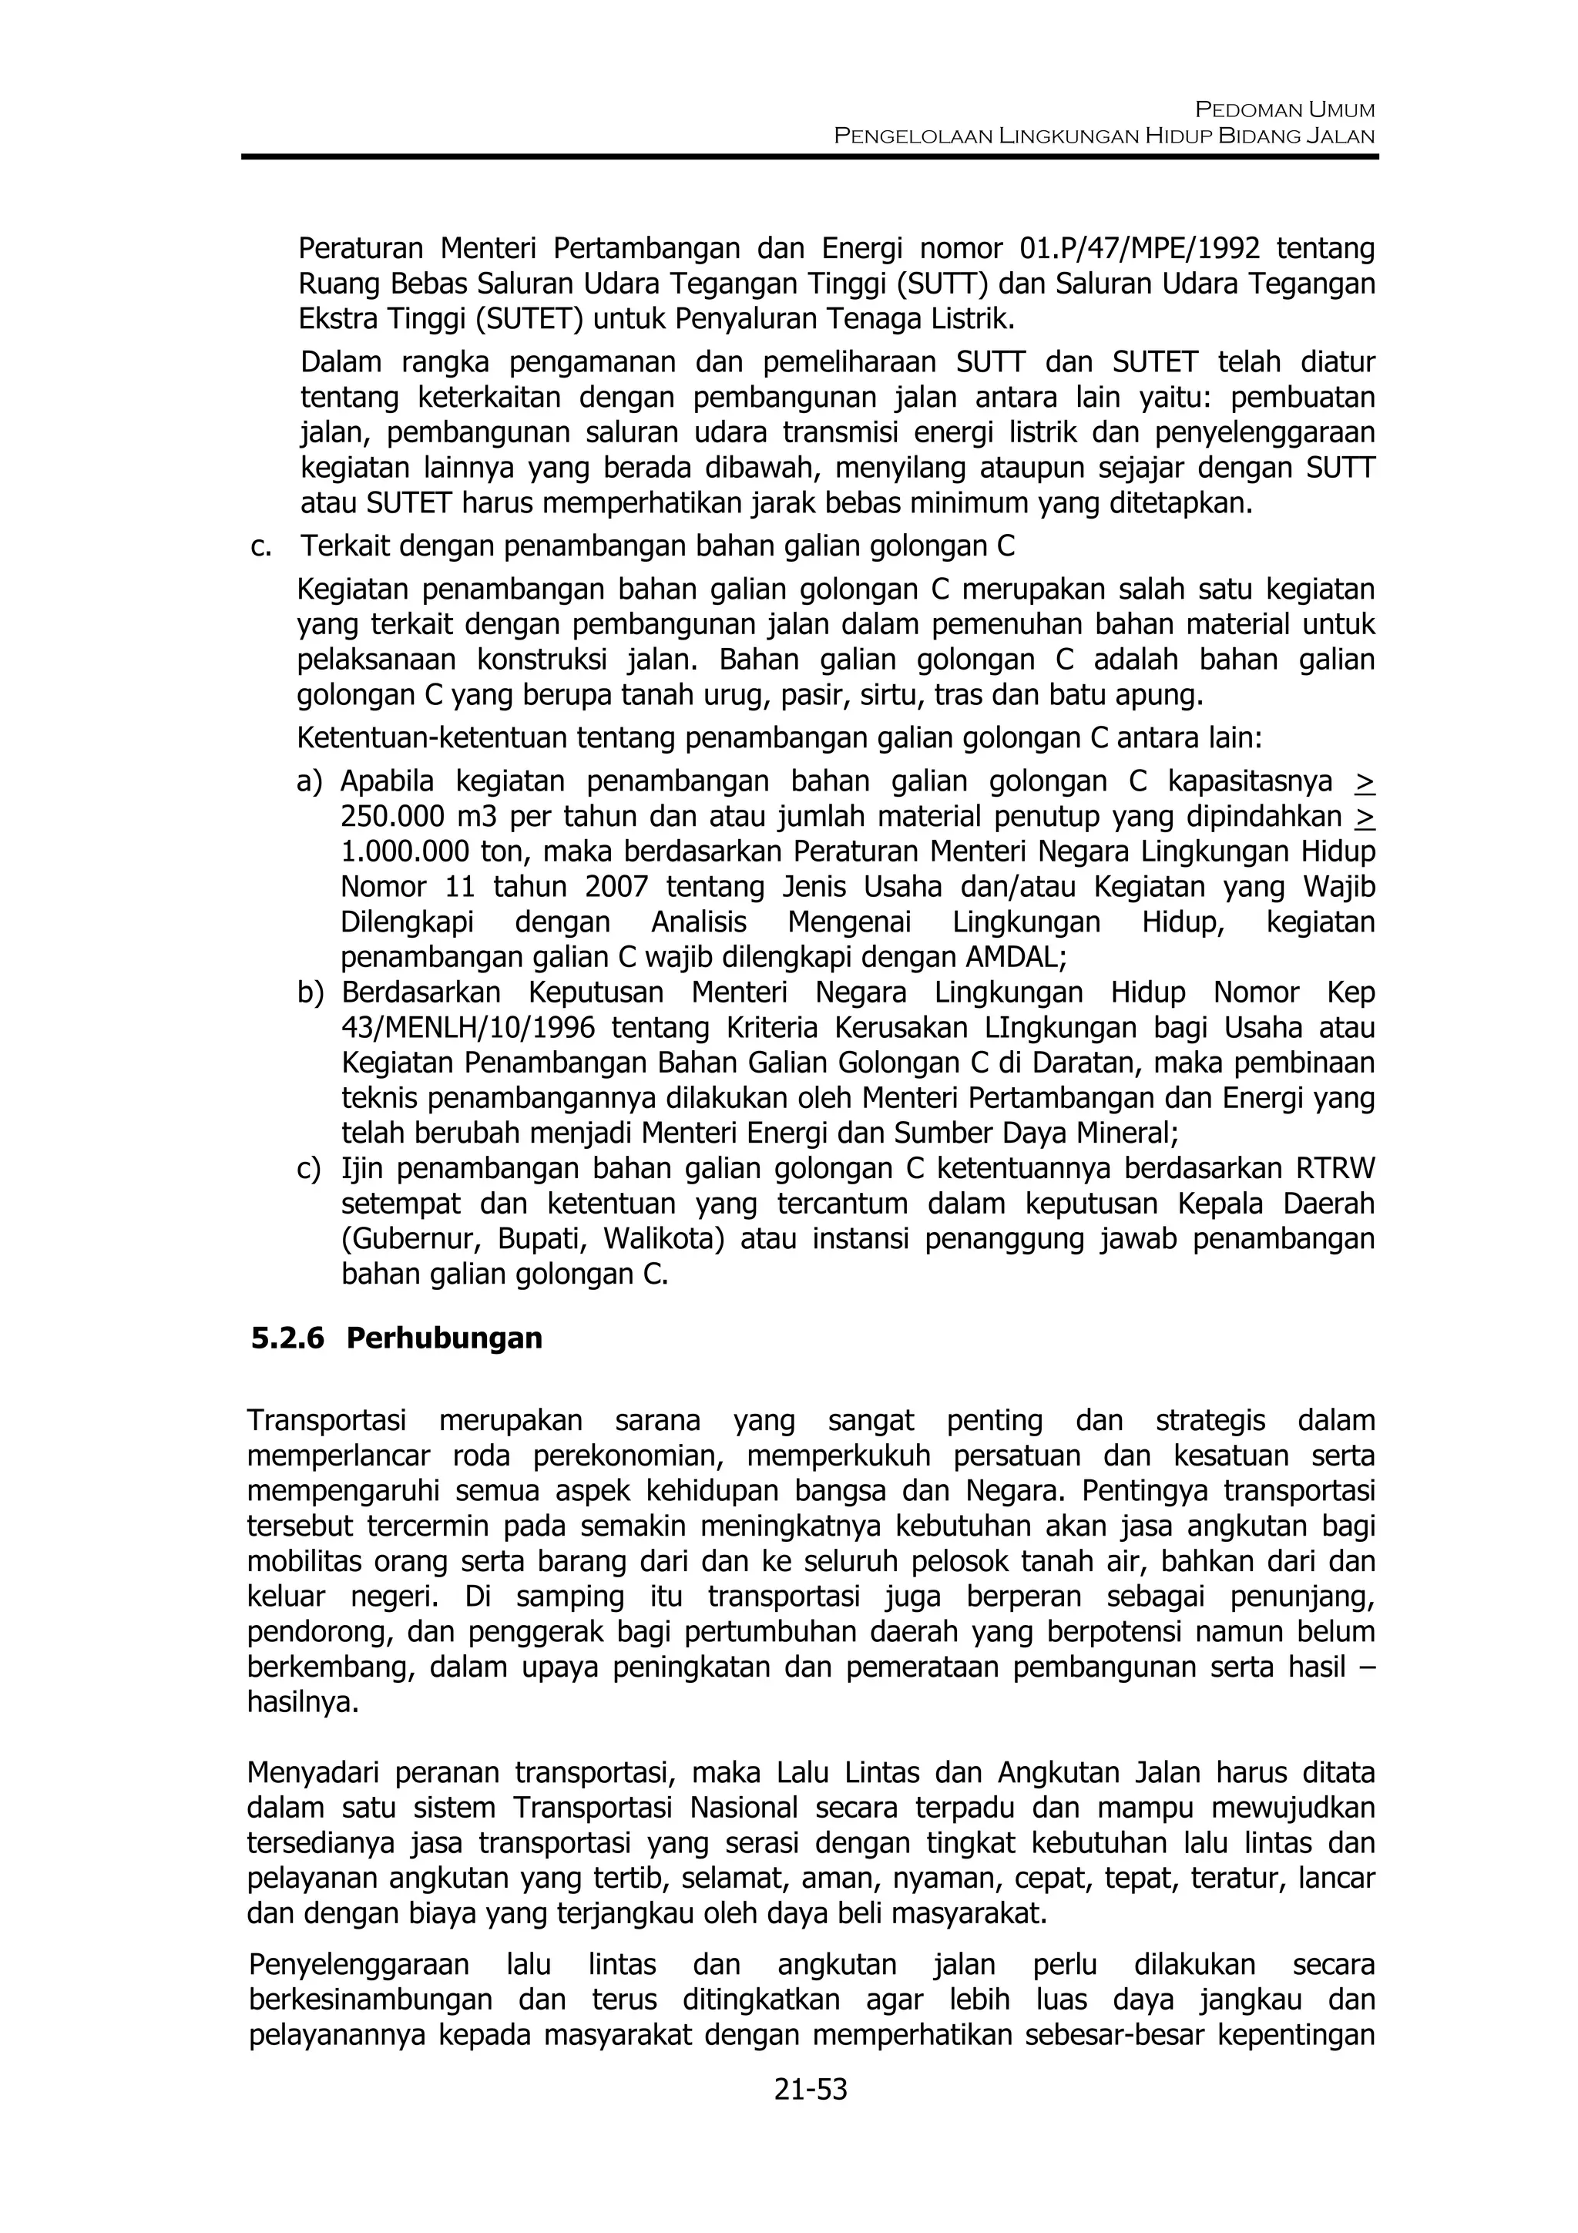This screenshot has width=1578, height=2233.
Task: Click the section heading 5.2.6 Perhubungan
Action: pos(396,1338)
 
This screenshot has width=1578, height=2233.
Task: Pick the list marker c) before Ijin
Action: pos(309,1169)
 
